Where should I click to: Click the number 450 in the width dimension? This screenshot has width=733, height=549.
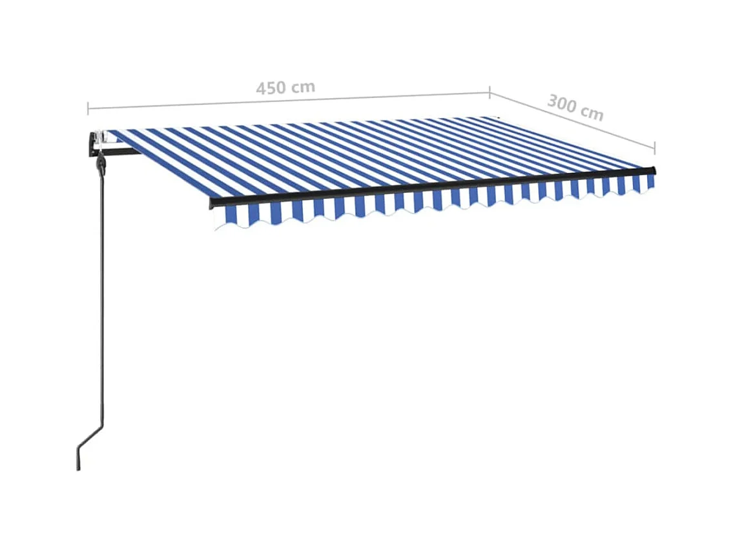coord(270,88)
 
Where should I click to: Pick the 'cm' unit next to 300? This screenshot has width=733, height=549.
coord(591,113)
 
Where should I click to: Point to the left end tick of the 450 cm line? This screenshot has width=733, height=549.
coord(88,108)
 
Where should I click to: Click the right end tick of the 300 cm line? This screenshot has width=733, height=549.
coord(655,148)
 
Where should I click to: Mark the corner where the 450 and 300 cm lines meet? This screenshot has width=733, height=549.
coord(489,92)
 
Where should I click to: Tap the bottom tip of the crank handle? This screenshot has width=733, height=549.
coord(78,467)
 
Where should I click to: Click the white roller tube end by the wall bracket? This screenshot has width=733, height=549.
coord(100,137)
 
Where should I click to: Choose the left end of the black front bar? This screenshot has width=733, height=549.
coord(212,203)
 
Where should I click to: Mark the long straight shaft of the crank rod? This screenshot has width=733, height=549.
coord(100,290)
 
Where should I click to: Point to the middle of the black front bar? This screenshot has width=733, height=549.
coord(433,186)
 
